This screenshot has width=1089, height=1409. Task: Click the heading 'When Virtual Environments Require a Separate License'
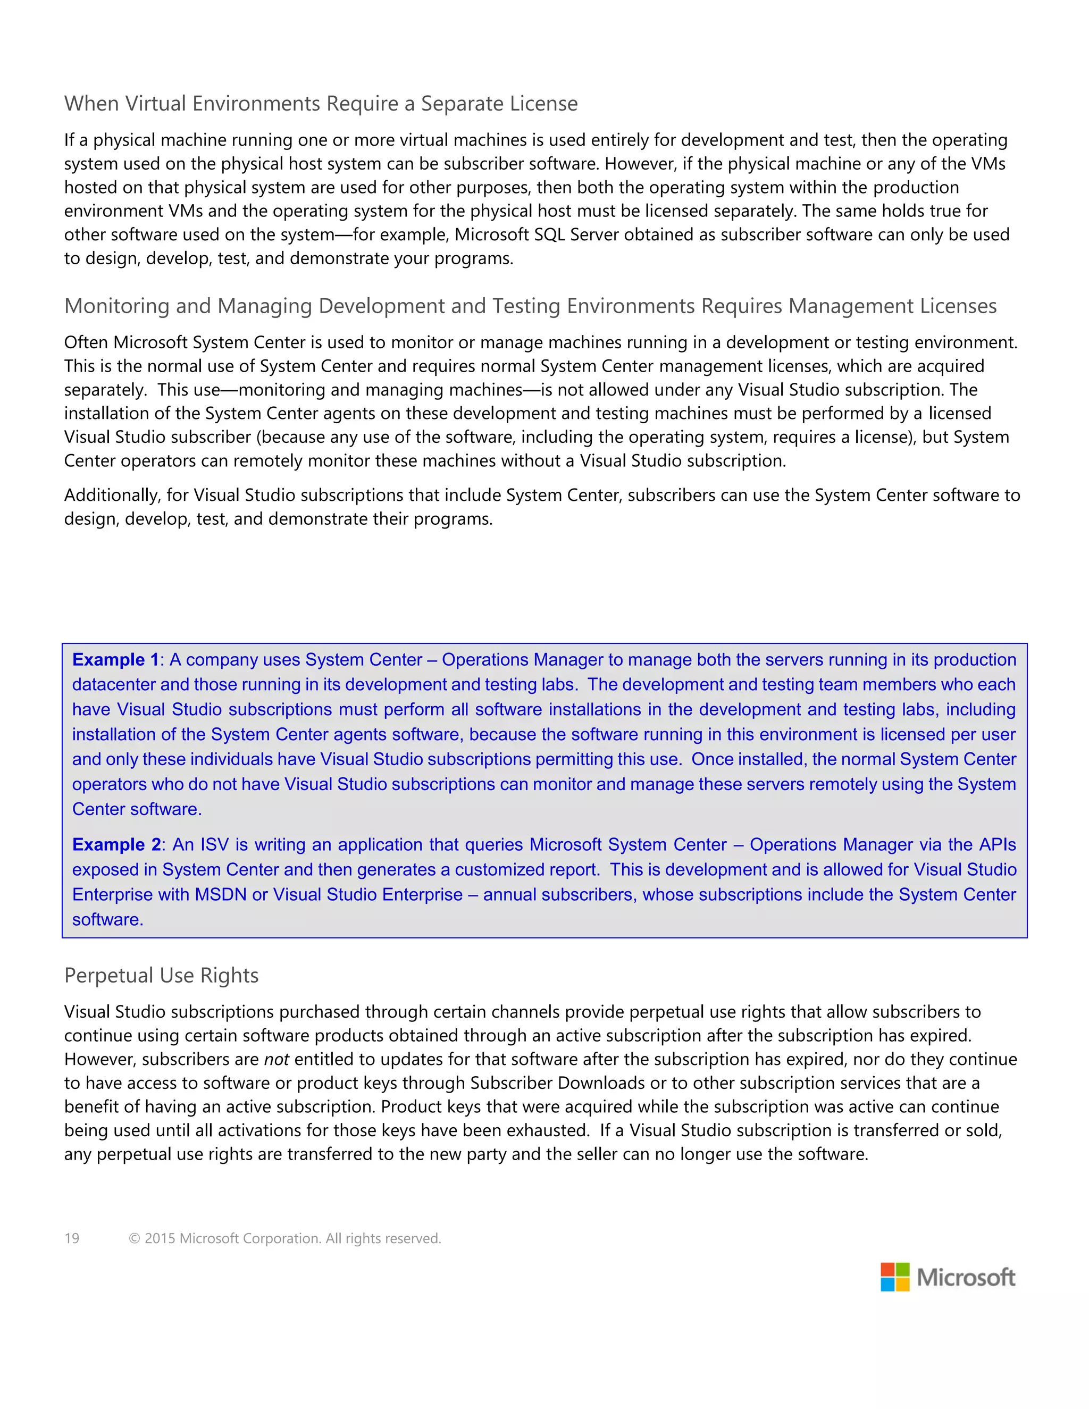(x=321, y=103)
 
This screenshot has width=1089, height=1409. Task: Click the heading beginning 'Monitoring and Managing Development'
(x=530, y=306)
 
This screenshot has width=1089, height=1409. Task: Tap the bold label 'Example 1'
(x=115, y=659)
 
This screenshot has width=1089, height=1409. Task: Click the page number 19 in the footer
(x=72, y=1238)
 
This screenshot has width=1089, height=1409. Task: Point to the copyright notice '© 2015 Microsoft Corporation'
(x=284, y=1238)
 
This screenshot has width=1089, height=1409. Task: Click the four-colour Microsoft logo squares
(x=895, y=1277)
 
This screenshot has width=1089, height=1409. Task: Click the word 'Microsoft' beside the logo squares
(x=966, y=1277)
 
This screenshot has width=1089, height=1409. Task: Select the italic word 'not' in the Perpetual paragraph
(x=276, y=1059)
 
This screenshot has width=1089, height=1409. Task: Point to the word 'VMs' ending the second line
(x=988, y=164)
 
